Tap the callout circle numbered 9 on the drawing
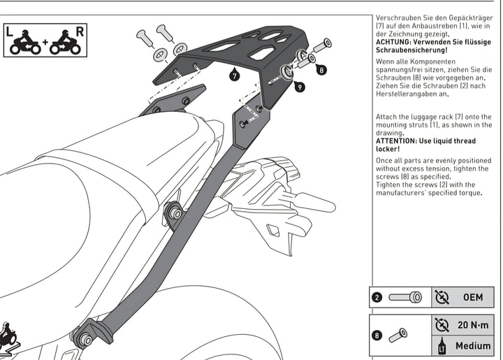pyautogui.click(x=299, y=87)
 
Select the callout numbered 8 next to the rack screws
pyautogui.click(x=320, y=70)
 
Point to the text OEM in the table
pyautogui.click(x=473, y=297)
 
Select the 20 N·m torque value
pyautogui.click(x=473, y=324)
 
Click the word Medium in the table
pyautogui.click(x=473, y=346)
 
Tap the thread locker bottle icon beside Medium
pyautogui.click(x=442, y=346)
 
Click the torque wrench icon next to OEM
pyautogui.click(x=442, y=297)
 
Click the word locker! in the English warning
pyautogui.click(x=388, y=149)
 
